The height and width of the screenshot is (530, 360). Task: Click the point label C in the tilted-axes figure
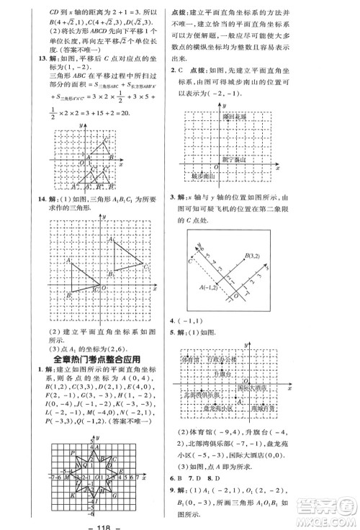point(189,261)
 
